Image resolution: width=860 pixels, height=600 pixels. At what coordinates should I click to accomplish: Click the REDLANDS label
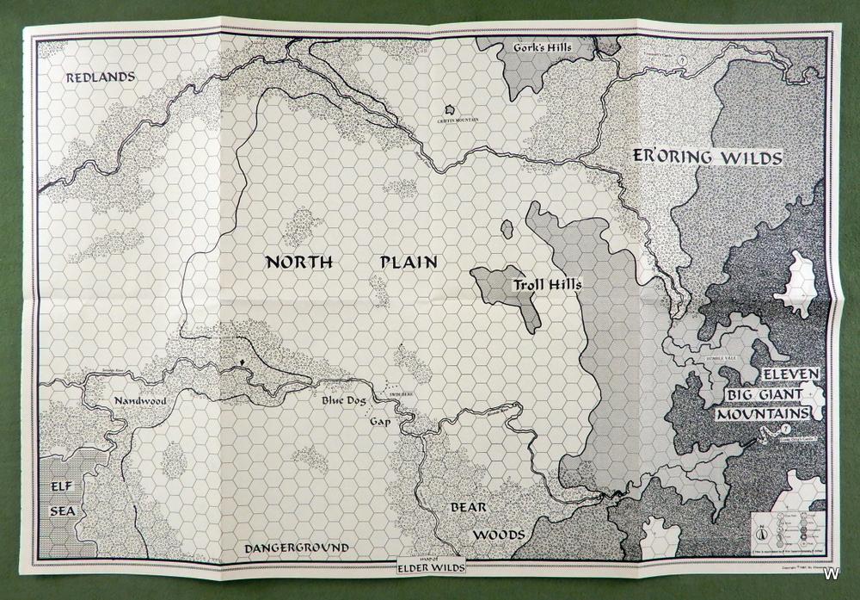point(101,77)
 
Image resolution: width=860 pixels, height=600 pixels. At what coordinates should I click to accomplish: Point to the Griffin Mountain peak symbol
point(449,111)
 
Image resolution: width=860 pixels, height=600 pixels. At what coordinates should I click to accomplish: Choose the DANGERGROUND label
point(296,547)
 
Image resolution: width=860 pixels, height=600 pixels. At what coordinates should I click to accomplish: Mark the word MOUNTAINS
point(765,414)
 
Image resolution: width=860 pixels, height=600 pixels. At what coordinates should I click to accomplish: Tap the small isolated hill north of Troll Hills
point(508,228)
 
